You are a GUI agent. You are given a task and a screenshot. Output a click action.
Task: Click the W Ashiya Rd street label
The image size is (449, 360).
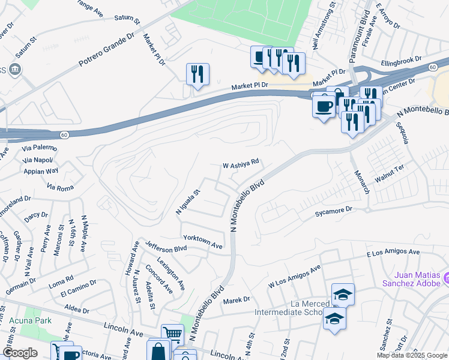[241, 163]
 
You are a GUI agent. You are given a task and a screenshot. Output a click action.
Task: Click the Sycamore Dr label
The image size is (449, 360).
[334, 212]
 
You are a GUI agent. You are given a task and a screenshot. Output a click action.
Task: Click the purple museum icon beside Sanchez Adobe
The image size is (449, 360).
[447, 278]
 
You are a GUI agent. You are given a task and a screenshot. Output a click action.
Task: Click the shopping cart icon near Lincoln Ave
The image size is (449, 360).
[172, 333]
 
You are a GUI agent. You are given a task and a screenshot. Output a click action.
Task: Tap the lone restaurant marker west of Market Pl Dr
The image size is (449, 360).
[197, 74]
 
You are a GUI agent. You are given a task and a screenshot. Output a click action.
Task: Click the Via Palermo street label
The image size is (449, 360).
[40, 148]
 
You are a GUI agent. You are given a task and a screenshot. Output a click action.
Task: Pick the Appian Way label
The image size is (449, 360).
[40, 170]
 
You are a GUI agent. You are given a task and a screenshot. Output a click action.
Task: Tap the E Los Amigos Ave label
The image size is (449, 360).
[393, 253]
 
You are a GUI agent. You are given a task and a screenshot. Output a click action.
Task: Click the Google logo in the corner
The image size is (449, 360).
[20, 353]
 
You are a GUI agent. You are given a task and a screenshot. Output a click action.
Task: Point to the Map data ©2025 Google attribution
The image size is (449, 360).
[411, 355]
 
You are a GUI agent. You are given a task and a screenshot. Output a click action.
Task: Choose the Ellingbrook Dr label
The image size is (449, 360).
[401, 62]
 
